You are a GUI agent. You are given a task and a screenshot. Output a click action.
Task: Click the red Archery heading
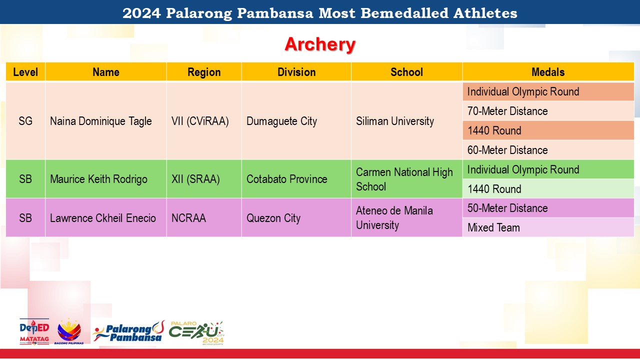coord(320,44)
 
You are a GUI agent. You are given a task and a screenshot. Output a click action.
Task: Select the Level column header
coord(25,72)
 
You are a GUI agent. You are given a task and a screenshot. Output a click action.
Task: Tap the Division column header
coord(296,72)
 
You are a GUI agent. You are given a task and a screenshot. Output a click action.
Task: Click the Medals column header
coord(548,72)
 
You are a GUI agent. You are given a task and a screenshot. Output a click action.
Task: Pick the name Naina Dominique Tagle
coord(101,121)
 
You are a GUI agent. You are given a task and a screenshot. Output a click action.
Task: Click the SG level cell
coord(25,121)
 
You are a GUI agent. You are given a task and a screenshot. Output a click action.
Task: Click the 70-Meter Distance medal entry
coord(507,111)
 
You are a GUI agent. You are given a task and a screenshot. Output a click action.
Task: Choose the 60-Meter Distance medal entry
coord(507,150)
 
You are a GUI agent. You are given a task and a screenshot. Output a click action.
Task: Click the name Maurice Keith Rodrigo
coord(98,179)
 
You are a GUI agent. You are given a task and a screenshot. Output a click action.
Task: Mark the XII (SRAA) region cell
coord(195,179)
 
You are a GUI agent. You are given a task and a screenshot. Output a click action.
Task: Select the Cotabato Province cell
coord(287,179)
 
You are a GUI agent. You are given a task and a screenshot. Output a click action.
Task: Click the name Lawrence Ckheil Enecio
coord(103,218)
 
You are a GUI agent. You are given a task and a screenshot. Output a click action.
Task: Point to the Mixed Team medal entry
coord(493,227)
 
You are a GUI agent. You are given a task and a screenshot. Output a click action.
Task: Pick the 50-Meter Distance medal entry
coord(507,208)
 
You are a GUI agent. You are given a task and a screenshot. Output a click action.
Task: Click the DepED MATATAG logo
coord(34,331)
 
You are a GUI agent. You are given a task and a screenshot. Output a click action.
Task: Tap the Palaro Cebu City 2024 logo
coord(196,333)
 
